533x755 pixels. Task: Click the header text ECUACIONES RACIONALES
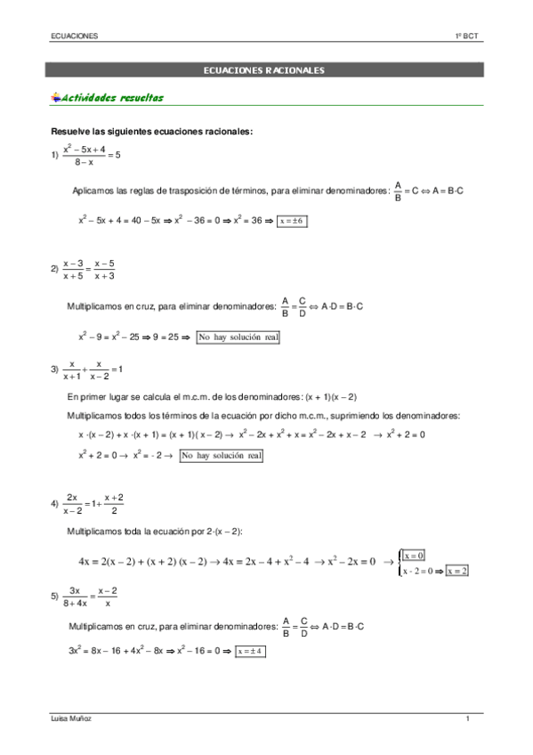click(263, 69)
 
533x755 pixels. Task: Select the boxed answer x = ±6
click(292, 222)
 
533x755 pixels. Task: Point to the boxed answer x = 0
click(415, 555)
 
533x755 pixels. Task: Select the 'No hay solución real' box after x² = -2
click(222, 456)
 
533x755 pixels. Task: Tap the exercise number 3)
click(54, 369)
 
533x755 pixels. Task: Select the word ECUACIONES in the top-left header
click(74, 36)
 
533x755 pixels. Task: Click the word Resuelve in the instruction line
click(70, 132)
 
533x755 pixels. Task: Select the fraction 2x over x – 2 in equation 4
click(73, 504)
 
